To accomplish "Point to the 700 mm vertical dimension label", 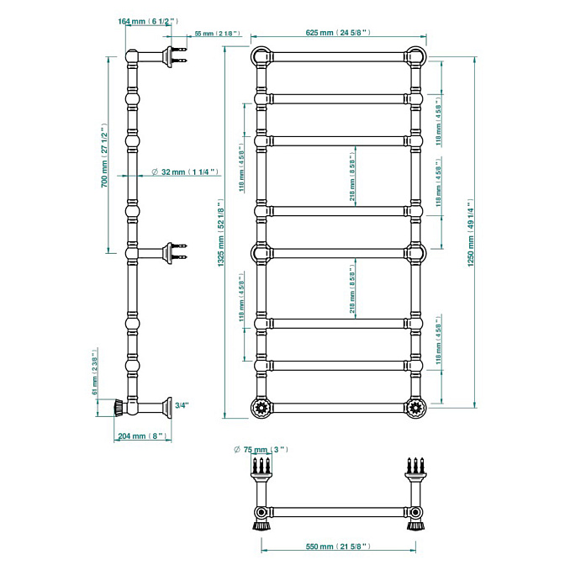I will [x=105, y=158].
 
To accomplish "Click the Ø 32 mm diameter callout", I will [x=185, y=172].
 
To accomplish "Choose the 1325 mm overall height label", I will [x=219, y=236].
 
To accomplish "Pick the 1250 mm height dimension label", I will [x=472, y=236].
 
